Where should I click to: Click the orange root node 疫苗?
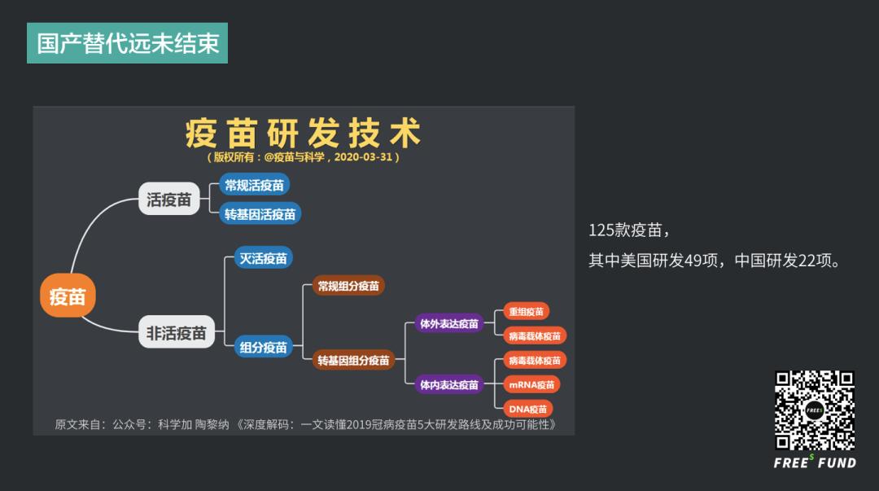point(68,296)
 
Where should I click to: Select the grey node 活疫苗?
point(168,199)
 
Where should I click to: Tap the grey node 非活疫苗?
point(177,332)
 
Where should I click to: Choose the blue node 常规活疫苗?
point(255,185)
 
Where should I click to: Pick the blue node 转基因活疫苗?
point(260,214)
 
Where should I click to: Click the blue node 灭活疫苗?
point(263,257)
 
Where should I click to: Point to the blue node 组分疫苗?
point(263,347)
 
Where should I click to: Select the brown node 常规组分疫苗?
point(348,286)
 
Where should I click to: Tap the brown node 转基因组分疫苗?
point(353,360)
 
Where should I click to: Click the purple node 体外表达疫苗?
point(449,323)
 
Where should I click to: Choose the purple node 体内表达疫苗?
point(449,384)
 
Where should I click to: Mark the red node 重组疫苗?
point(527,311)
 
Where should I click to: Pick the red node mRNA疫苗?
point(531,384)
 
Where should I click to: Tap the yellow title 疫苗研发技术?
point(303,133)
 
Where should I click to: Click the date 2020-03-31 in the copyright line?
point(363,157)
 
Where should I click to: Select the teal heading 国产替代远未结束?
point(127,43)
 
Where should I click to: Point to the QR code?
point(815,410)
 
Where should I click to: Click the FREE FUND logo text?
point(815,463)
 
